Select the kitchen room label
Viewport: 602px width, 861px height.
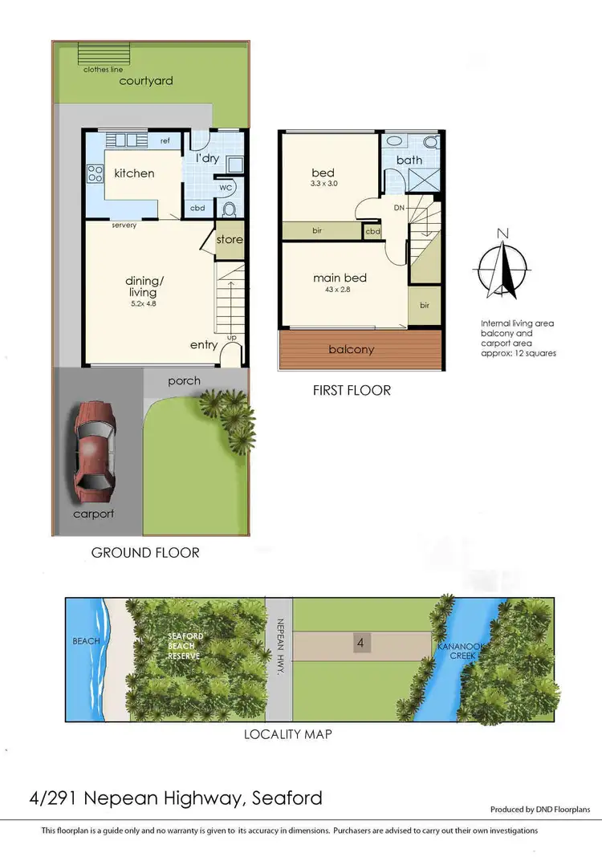click(134, 173)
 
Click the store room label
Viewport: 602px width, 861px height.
click(229, 239)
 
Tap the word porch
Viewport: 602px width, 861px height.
click(185, 380)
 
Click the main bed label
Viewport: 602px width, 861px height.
click(340, 278)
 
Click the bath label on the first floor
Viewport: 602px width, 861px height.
click(409, 160)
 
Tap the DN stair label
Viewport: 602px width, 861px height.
click(399, 207)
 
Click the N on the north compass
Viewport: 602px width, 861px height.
click(502, 234)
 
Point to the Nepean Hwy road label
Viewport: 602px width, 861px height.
click(280, 643)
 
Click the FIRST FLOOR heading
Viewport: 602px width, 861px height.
click(352, 391)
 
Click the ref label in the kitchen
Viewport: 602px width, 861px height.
click(165, 141)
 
